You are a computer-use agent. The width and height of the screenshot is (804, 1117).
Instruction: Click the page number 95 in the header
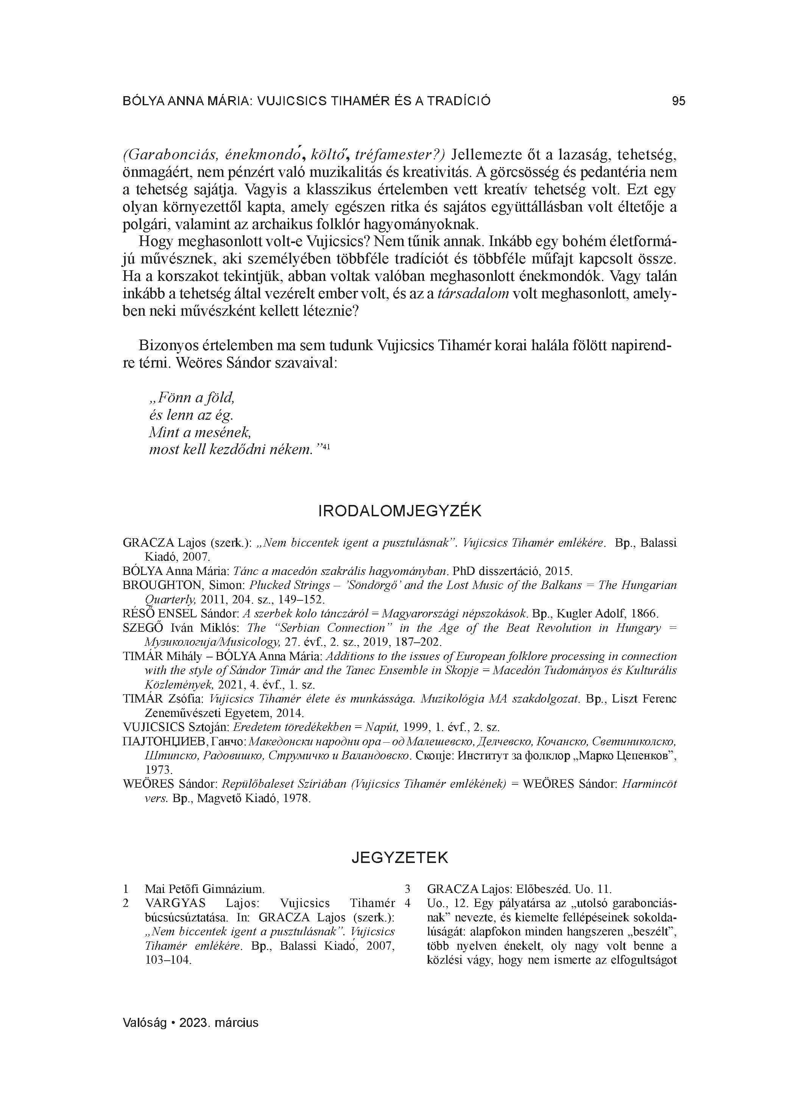pyautogui.click(x=678, y=101)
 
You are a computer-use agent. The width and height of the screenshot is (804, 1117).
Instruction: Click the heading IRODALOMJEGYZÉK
pyautogui.click(x=400, y=511)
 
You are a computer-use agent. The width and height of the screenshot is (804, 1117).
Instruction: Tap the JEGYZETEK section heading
pyautogui.click(x=400, y=857)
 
